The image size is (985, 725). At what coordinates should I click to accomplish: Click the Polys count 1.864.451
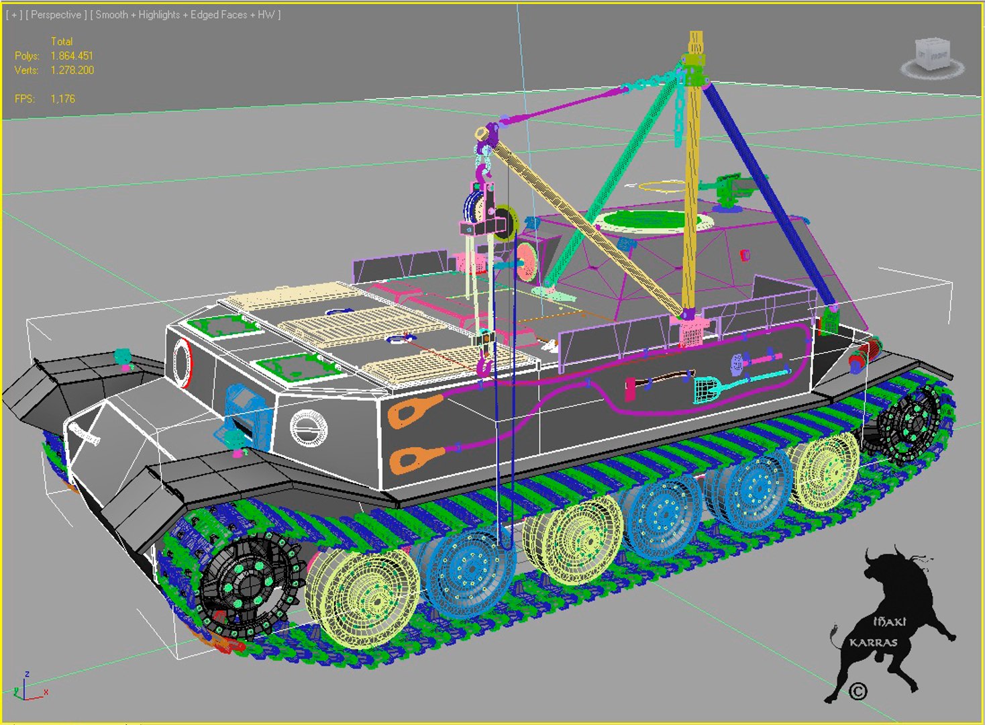[x=72, y=56]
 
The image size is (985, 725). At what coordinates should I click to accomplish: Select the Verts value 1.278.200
[x=72, y=70]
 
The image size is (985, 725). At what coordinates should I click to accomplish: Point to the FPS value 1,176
[x=62, y=99]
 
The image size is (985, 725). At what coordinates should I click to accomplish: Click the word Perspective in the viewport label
[x=56, y=15]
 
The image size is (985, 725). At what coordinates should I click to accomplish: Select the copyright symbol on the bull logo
[x=858, y=691]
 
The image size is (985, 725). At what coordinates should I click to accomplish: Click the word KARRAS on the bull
[x=873, y=642]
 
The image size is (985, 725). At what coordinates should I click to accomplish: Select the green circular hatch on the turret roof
[x=652, y=220]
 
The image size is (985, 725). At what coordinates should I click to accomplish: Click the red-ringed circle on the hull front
[x=183, y=362]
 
